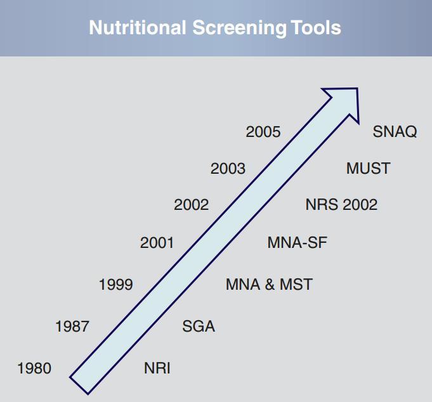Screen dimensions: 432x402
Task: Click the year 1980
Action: coord(34,368)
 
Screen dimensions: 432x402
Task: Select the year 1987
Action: coord(72,327)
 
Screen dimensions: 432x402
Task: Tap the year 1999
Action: coord(116,285)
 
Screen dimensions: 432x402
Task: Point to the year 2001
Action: coord(157,243)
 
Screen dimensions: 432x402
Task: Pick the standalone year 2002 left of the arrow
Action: coord(191,205)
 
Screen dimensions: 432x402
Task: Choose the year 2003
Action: coord(228,169)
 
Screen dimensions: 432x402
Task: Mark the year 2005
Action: coord(263,132)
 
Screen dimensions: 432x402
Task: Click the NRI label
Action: coord(157,368)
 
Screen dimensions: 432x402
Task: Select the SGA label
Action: coord(199,327)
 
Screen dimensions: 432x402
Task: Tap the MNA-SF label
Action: coord(297,243)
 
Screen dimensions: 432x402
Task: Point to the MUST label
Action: coord(368,168)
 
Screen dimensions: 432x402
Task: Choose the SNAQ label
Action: coord(395,131)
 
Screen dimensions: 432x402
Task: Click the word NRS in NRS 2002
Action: coord(322,205)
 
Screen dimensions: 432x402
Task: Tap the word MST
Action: coord(296,285)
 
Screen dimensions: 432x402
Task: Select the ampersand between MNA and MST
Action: coord(270,285)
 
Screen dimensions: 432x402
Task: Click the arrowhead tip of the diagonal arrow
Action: coord(357,89)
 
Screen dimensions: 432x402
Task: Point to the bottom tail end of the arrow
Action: coord(79,386)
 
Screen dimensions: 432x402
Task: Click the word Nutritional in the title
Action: coord(138,27)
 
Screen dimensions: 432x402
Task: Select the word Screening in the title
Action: coord(239,28)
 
